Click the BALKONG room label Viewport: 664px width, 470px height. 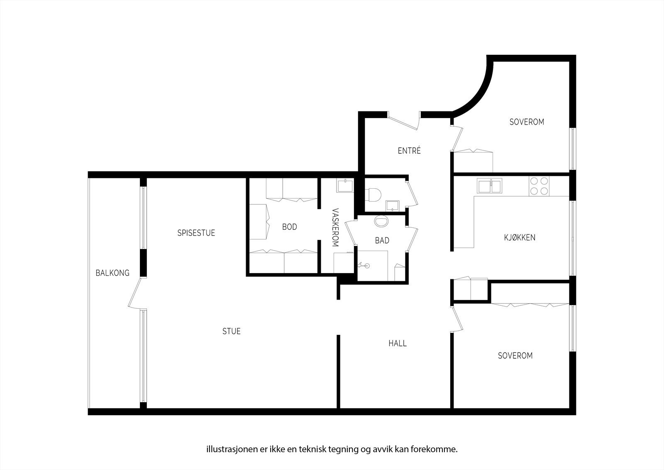[112, 273]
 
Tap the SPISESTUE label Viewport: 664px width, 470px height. [196, 233]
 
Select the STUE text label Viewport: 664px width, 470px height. [231, 331]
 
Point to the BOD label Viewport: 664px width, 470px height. [289, 227]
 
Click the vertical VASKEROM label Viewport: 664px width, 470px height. [335, 228]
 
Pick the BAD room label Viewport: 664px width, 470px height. [382, 241]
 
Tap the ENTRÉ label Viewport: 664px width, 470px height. [409, 151]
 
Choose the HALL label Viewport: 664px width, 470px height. [397, 343]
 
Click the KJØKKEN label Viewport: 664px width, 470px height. [519, 238]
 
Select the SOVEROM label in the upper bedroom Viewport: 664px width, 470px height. [526, 122]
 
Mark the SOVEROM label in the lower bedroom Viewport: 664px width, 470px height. [515, 356]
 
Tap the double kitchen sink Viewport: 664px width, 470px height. [489, 185]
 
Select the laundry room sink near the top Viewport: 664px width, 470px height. [345, 185]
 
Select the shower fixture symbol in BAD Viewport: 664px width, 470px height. [364, 264]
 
